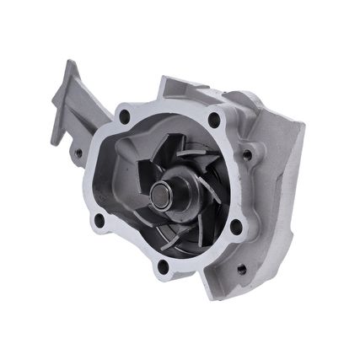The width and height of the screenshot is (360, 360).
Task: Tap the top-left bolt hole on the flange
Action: tap(125, 116)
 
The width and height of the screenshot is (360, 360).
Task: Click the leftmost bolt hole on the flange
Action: tap(99, 221)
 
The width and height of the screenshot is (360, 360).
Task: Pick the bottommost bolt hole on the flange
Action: tap(162, 268)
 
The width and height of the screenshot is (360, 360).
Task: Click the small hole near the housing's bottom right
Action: tap(242, 271)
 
